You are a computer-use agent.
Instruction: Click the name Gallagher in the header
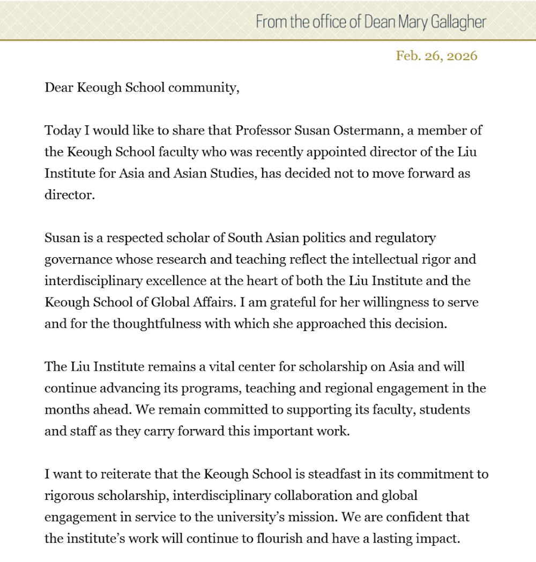458,22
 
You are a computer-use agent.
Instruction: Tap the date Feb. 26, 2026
436,56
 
